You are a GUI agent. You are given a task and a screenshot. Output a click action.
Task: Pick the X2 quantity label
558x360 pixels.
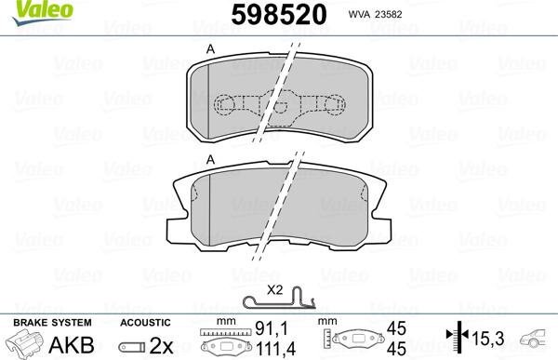click(x=275, y=290)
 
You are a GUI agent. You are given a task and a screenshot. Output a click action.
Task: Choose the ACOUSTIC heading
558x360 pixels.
click(x=144, y=321)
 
